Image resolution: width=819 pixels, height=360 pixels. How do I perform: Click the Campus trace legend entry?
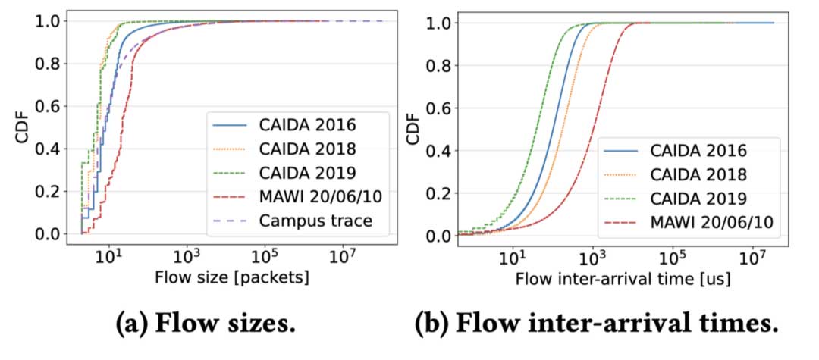point(313,221)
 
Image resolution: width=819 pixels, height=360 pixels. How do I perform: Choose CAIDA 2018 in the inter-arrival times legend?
point(698,174)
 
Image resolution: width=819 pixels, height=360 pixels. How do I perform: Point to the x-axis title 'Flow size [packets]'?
point(231,277)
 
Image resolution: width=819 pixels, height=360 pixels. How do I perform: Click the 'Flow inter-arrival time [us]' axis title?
point(623,278)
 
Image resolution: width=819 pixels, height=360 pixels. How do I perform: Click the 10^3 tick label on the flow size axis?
point(187,256)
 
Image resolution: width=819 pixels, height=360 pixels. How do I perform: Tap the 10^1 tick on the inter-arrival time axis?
point(513,256)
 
